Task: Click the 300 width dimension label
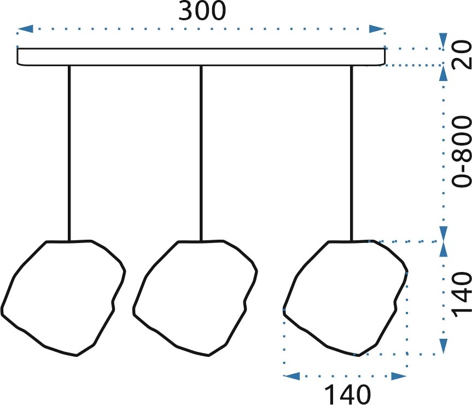(x=202, y=10)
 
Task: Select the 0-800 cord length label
(x=462, y=152)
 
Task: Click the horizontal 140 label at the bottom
(x=347, y=394)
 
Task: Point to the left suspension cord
(x=69, y=153)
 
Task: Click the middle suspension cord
(x=201, y=153)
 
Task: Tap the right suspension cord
(x=351, y=153)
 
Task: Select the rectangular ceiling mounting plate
(x=201, y=56)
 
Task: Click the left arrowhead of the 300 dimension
(x=25, y=29)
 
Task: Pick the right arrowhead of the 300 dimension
(x=377, y=29)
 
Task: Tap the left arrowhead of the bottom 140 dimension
(x=292, y=376)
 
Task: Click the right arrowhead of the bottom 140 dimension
(x=399, y=376)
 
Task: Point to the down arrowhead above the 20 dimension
(x=443, y=40)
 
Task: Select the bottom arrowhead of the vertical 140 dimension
(x=443, y=346)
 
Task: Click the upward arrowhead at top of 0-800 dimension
(x=443, y=73)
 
